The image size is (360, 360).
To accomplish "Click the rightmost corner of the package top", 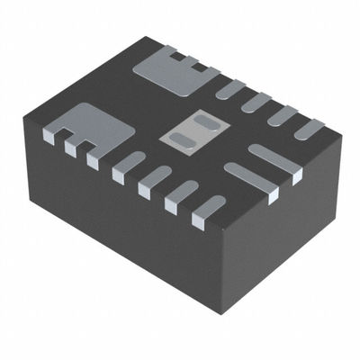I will click(341, 135).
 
